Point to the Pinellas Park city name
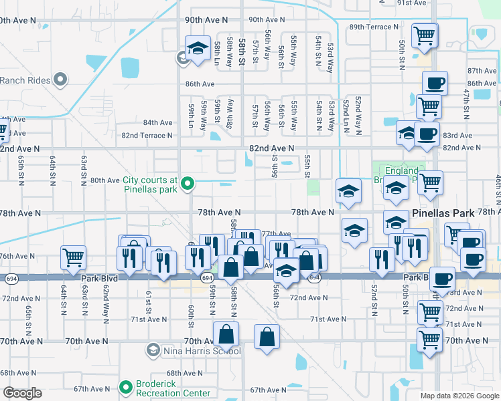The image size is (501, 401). (443, 213)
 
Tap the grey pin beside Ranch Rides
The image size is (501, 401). (60, 81)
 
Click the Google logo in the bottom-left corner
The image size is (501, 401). (22, 393)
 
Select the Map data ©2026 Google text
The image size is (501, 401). (459, 396)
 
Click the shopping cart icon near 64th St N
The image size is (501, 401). (73, 257)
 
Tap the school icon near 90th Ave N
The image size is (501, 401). (198, 48)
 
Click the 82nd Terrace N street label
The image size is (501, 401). (147, 135)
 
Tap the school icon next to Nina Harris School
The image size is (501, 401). (153, 350)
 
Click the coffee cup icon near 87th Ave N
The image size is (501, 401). (435, 83)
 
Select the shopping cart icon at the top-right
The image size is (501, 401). (425, 34)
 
